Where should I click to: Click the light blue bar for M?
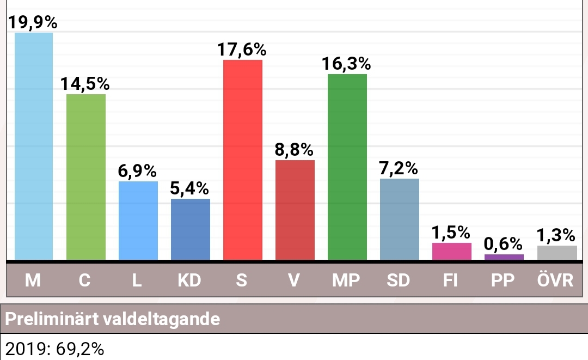point(34,146)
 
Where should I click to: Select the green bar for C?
point(86,177)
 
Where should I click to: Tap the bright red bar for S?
point(243,160)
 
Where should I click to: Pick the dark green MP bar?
point(347,167)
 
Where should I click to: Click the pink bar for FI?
point(452,252)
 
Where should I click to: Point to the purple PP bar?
point(504,257)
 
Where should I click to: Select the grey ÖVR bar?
point(556,253)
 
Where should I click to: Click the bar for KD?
point(191,229)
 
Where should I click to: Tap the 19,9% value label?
point(34,23)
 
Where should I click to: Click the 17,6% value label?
point(243,50)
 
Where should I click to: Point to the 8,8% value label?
point(295,150)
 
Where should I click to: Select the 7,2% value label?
point(400,168)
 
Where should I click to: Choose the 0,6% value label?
point(504,244)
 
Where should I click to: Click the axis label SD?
point(400,280)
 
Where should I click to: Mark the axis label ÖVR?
point(556,280)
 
